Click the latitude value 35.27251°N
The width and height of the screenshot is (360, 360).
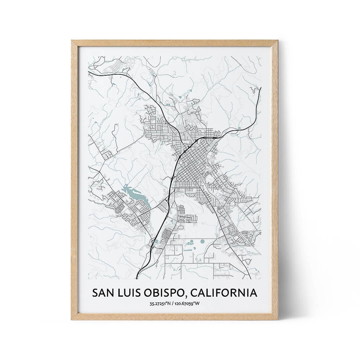161,303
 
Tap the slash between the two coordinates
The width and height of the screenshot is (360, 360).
174,303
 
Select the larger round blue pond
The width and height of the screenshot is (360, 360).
202,241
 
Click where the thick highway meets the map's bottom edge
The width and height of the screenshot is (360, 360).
137,278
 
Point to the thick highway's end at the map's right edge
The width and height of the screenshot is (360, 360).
260,88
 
